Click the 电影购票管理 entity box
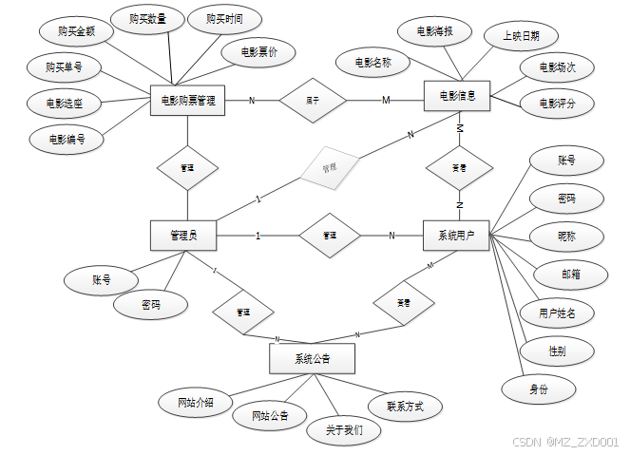coord(187,100)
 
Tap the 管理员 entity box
coord(182,235)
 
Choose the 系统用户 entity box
coord(456,235)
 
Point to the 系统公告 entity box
coord(312,358)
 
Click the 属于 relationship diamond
coord(312,100)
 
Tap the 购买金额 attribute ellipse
coord(77,31)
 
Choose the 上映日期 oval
coord(521,36)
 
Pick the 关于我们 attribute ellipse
coord(343,430)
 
